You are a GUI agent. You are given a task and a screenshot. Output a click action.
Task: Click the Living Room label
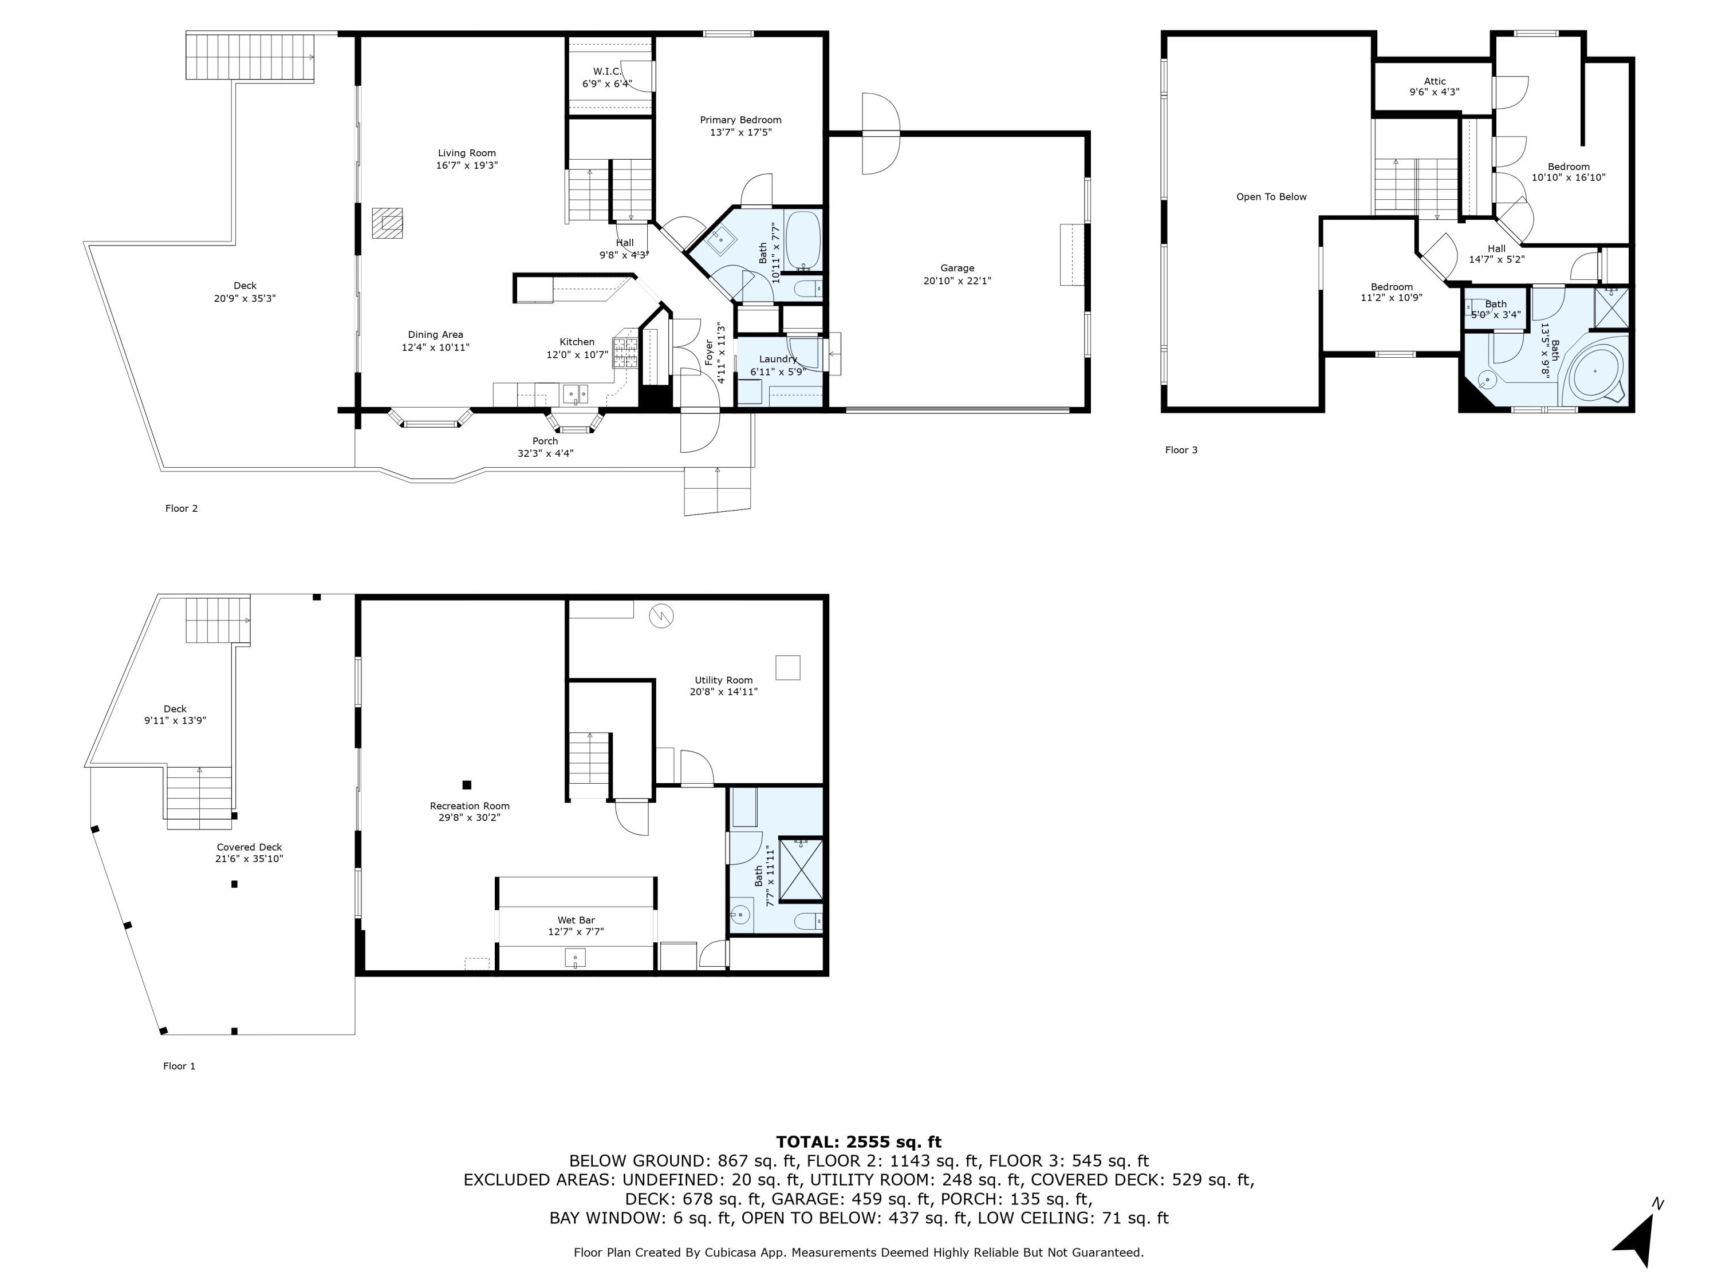[466, 153]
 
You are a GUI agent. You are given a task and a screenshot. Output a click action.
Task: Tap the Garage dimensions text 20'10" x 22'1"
[957, 281]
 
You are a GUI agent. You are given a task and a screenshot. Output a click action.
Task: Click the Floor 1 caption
[179, 1066]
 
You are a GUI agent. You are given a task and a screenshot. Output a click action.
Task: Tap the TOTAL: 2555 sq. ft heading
[858, 1141]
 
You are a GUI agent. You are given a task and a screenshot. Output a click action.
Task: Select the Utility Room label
[723, 680]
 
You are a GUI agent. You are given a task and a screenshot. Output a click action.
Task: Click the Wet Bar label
[576, 920]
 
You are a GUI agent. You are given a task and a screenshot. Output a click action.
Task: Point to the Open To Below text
[1271, 196]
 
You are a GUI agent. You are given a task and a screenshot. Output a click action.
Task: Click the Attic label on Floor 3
[1435, 81]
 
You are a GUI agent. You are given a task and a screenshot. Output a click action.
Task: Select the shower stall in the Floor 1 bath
[800, 870]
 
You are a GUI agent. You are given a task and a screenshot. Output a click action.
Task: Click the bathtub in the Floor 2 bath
[803, 240]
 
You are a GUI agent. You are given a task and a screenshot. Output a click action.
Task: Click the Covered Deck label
[249, 847]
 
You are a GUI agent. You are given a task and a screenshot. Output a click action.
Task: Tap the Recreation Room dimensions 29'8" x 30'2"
[469, 817]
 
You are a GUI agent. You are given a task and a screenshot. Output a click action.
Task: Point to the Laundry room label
[778, 359]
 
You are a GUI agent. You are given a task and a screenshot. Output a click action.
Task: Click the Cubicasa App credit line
[858, 1253]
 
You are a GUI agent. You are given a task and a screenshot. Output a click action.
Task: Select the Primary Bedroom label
[740, 120]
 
